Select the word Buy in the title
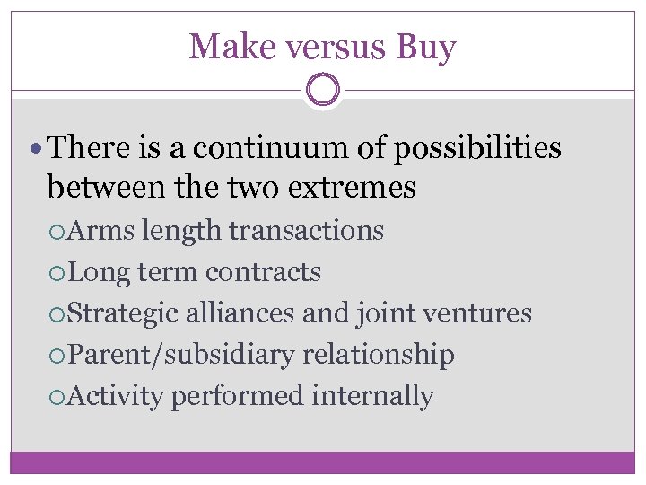point(425,47)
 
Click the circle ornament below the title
point(323,91)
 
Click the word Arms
point(100,231)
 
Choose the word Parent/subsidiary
point(180,355)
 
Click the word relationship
point(378,355)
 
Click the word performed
point(238,396)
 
